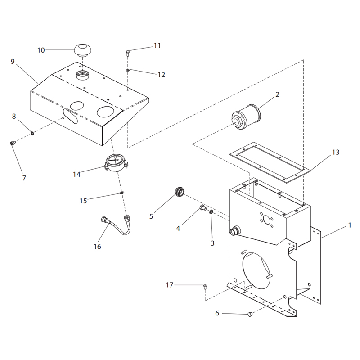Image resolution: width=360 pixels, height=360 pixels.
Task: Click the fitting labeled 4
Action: tap(203, 208)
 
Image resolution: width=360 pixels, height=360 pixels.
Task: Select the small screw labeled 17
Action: tap(205, 286)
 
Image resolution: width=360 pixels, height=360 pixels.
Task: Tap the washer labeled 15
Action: tap(121, 193)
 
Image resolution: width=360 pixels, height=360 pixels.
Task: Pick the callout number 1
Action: tap(349, 225)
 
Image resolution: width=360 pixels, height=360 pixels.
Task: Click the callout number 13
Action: tap(336, 152)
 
